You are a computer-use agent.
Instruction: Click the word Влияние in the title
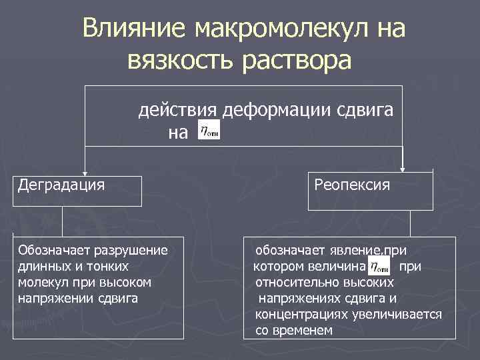[133, 30]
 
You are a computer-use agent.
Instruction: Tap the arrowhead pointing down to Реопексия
[403, 169]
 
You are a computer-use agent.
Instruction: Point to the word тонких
[105, 266]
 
